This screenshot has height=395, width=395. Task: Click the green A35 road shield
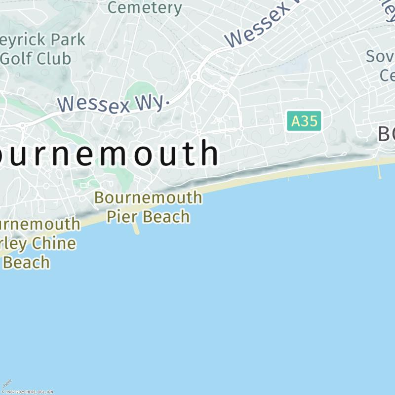point(304,121)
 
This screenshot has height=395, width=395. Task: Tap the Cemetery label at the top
point(145,7)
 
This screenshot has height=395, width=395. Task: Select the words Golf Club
point(36,58)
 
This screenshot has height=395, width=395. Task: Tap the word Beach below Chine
point(27,262)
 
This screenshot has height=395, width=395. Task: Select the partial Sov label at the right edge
point(380,56)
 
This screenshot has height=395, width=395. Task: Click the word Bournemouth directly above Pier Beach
point(148,197)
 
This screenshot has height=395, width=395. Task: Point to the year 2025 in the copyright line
point(21,392)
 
